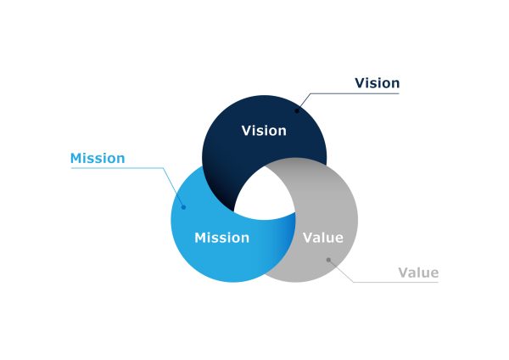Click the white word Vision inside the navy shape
[x=264, y=131]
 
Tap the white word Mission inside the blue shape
[x=222, y=238]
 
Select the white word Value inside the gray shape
[x=323, y=238]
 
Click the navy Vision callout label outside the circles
[x=377, y=83]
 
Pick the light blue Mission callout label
[x=98, y=159]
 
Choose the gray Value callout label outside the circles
[x=418, y=273]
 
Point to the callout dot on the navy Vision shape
[x=297, y=110]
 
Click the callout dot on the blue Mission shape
[x=183, y=207]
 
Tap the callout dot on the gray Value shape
[x=328, y=260]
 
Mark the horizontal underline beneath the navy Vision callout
[x=355, y=93]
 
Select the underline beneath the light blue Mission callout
[x=117, y=168]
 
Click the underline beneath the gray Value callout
[x=395, y=282]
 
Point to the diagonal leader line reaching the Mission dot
[x=173, y=188]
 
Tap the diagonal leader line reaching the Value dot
[x=341, y=271]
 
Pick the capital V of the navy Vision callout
[x=360, y=83]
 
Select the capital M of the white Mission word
[x=200, y=238]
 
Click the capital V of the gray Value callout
[x=404, y=273]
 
